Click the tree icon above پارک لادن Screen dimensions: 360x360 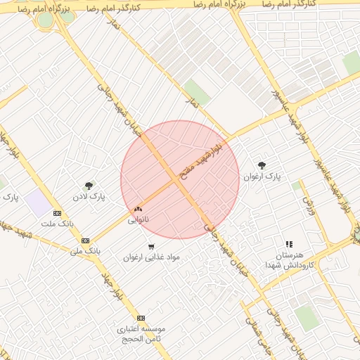pyautogui.click(x=89, y=186)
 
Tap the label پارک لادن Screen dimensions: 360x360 pyautogui.click(x=92, y=197)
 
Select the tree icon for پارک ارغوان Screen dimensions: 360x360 pyautogui.click(x=262, y=165)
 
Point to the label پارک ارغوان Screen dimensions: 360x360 pyautogui.click(x=262, y=176)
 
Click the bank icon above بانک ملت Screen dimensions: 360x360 pyautogui.click(x=57, y=213)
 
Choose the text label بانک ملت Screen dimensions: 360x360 pyautogui.click(x=57, y=224)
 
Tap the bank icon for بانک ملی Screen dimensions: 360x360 pyautogui.click(x=85, y=240)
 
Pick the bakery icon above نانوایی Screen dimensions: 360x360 pyautogui.click(x=138, y=209)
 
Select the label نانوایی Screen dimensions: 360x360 pyautogui.click(x=138, y=220)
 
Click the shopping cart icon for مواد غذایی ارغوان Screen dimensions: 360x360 pyautogui.click(x=151, y=246)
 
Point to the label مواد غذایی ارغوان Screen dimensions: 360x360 pyautogui.click(x=151, y=257)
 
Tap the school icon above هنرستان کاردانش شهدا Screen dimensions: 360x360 pyautogui.click(x=289, y=244)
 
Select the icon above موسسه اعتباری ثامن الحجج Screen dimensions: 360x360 pyautogui.click(x=141, y=318)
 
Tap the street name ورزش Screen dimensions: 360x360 pyautogui.click(x=309, y=204)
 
